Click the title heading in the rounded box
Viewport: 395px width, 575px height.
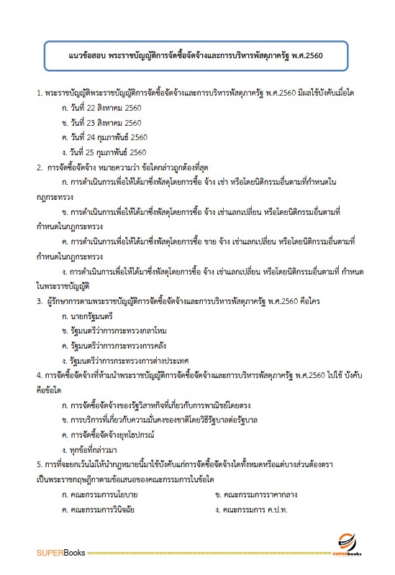pos(197,55)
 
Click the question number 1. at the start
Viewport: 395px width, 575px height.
pos(39,94)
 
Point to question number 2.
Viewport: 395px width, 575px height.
pos(40,167)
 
